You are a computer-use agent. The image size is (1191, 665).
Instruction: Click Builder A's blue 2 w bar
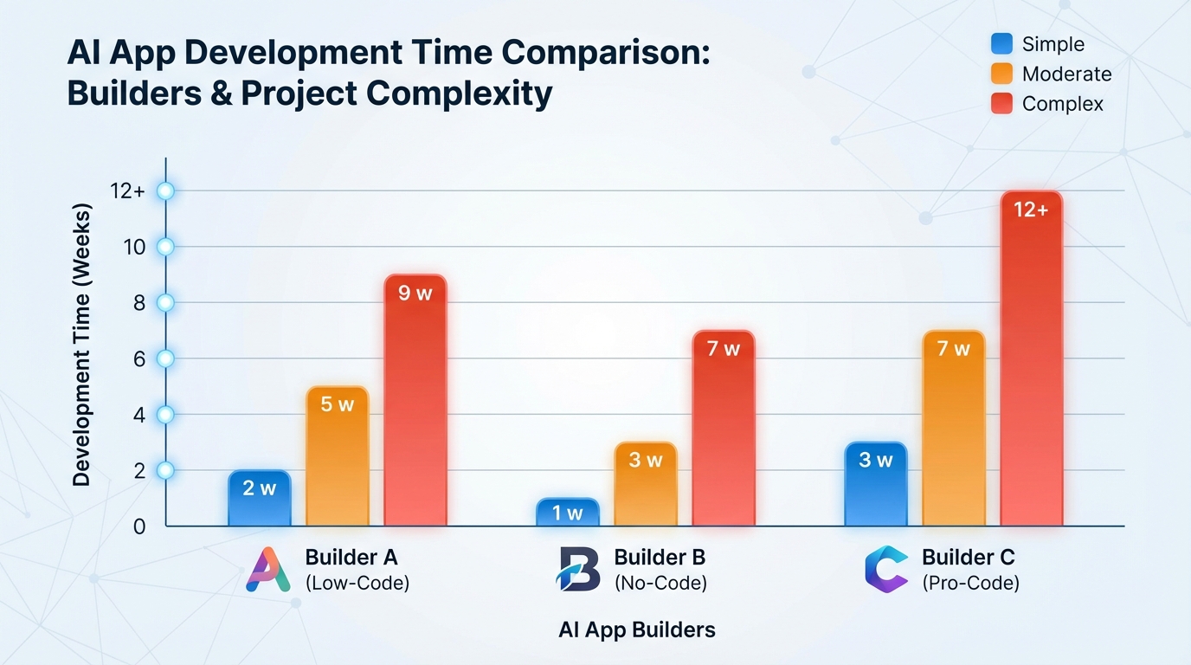point(260,499)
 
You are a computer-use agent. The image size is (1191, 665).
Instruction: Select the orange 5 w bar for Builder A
point(338,456)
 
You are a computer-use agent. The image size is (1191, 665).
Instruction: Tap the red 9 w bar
point(415,400)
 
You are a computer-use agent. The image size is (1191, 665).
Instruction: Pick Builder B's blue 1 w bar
point(568,513)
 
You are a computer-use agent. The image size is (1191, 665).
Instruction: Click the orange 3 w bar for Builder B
point(646,484)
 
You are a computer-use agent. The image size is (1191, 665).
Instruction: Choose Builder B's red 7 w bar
point(724,429)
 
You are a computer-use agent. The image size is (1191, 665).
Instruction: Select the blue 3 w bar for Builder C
point(876,484)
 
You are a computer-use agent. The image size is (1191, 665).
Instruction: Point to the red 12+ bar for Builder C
point(1031,358)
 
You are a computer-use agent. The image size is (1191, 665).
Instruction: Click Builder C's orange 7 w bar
point(954,429)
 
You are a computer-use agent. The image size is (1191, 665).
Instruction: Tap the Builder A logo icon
point(268,570)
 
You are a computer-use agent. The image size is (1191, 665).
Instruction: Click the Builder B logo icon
point(578,570)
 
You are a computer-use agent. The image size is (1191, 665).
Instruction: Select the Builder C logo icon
point(885,570)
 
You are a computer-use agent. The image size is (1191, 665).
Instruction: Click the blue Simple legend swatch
point(1001,44)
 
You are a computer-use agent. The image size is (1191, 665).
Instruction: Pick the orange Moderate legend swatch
point(1001,74)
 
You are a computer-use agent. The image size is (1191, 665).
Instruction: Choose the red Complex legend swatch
point(1001,104)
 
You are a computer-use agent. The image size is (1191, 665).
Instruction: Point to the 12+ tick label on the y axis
point(128,191)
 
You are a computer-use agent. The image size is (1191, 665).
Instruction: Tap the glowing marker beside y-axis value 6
point(165,358)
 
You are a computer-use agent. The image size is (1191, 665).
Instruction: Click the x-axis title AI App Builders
point(637,629)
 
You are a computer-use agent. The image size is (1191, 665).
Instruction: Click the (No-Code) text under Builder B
point(660,584)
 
